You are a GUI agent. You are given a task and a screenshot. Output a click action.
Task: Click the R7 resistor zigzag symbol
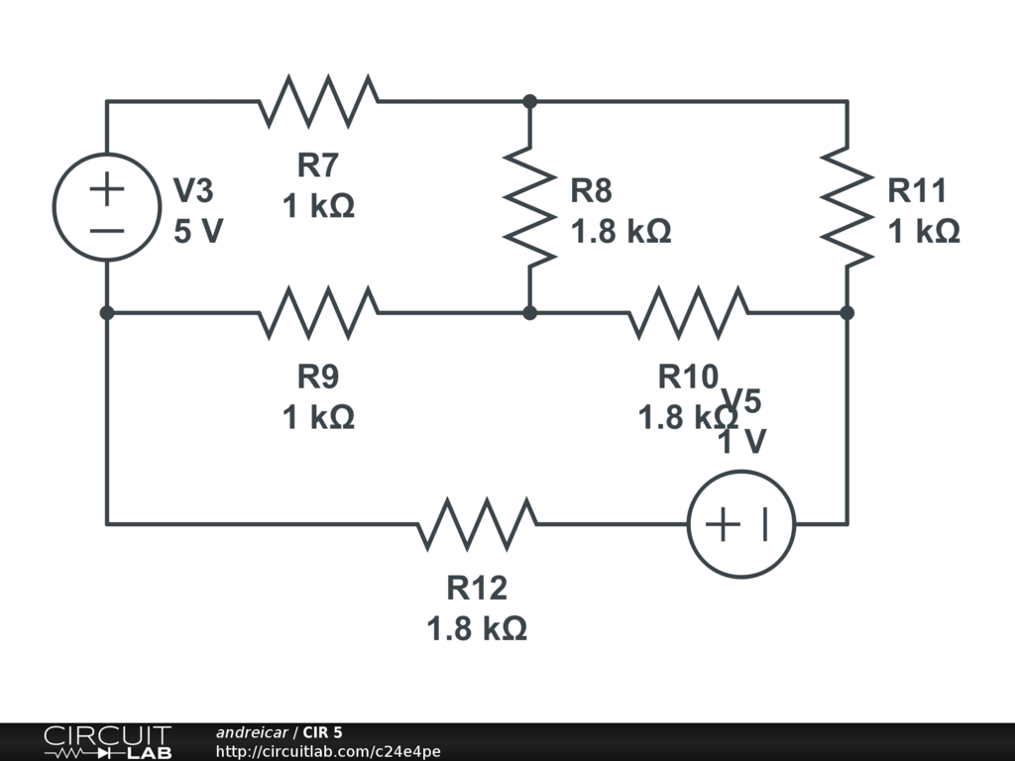pyautogui.click(x=318, y=101)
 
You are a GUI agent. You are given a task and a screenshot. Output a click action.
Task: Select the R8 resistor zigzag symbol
pyautogui.click(x=530, y=206)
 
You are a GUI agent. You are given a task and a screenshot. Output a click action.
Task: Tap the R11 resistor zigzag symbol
pyautogui.click(x=847, y=206)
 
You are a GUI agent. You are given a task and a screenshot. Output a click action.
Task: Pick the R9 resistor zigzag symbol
pyautogui.click(x=318, y=313)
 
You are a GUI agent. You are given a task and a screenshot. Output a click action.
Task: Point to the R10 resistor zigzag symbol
pyautogui.click(x=688, y=313)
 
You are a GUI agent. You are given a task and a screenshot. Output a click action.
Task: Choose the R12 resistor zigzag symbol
pyautogui.click(x=477, y=523)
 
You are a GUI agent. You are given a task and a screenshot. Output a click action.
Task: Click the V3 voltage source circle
pyautogui.click(x=107, y=207)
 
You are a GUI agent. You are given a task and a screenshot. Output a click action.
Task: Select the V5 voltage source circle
pyautogui.click(x=741, y=523)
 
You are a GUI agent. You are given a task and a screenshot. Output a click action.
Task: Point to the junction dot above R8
pyautogui.click(x=530, y=101)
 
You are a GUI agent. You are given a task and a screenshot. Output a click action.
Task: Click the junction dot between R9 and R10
pyautogui.click(x=530, y=313)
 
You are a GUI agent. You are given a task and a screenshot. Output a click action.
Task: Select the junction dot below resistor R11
pyautogui.click(x=847, y=313)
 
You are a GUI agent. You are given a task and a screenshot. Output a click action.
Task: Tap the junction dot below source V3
pyautogui.click(x=107, y=313)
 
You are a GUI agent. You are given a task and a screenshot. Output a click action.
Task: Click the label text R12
pyautogui.click(x=477, y=589)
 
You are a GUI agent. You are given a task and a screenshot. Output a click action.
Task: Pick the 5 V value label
pyautogui.click(x=198, y=232)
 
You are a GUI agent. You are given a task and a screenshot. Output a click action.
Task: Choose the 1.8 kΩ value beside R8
pyautogui.click(x=620, y=232)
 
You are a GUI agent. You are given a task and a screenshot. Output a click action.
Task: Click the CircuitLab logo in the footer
pyautogui.click(x=106, y=742)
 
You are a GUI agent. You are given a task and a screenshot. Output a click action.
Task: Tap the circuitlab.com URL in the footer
pyautogui.click(x=328, y=752)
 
